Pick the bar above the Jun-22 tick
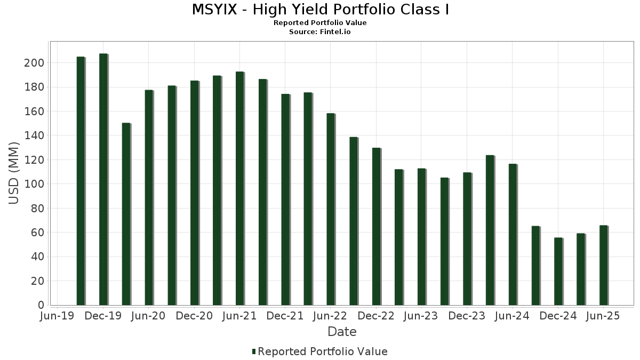pos(331,209)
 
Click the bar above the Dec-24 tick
pos(558,271)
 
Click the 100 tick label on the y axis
pos(36,184)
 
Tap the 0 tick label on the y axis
pos(41,305)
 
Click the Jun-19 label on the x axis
pos(58,316)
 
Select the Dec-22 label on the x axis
pos(376,316)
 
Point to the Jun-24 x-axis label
pos(512,316)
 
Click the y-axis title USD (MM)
pos(14,173)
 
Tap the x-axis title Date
pos(342,332)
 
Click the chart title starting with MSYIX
pos(320,10)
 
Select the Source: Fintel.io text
pos(320,32)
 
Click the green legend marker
pos(254,351)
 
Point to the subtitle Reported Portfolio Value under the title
pos(320,23)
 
